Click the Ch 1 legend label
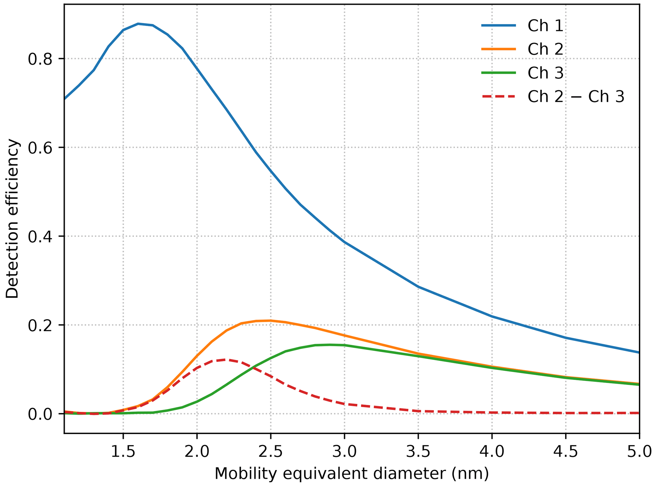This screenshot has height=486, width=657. coord(545,25)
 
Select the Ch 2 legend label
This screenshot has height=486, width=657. coord(545,49)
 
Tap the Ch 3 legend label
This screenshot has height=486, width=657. coord(545,73)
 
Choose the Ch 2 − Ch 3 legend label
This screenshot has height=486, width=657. coord(576,96)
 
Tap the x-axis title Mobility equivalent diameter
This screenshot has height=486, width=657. coord(351,474)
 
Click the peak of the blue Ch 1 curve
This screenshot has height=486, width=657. coord(138,24)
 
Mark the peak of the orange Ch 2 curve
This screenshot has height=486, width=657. coord(270,320)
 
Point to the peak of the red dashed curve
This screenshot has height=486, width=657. coord(225,360)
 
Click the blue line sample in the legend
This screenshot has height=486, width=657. coord(498,25)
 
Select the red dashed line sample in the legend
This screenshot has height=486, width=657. coord(498,96)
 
